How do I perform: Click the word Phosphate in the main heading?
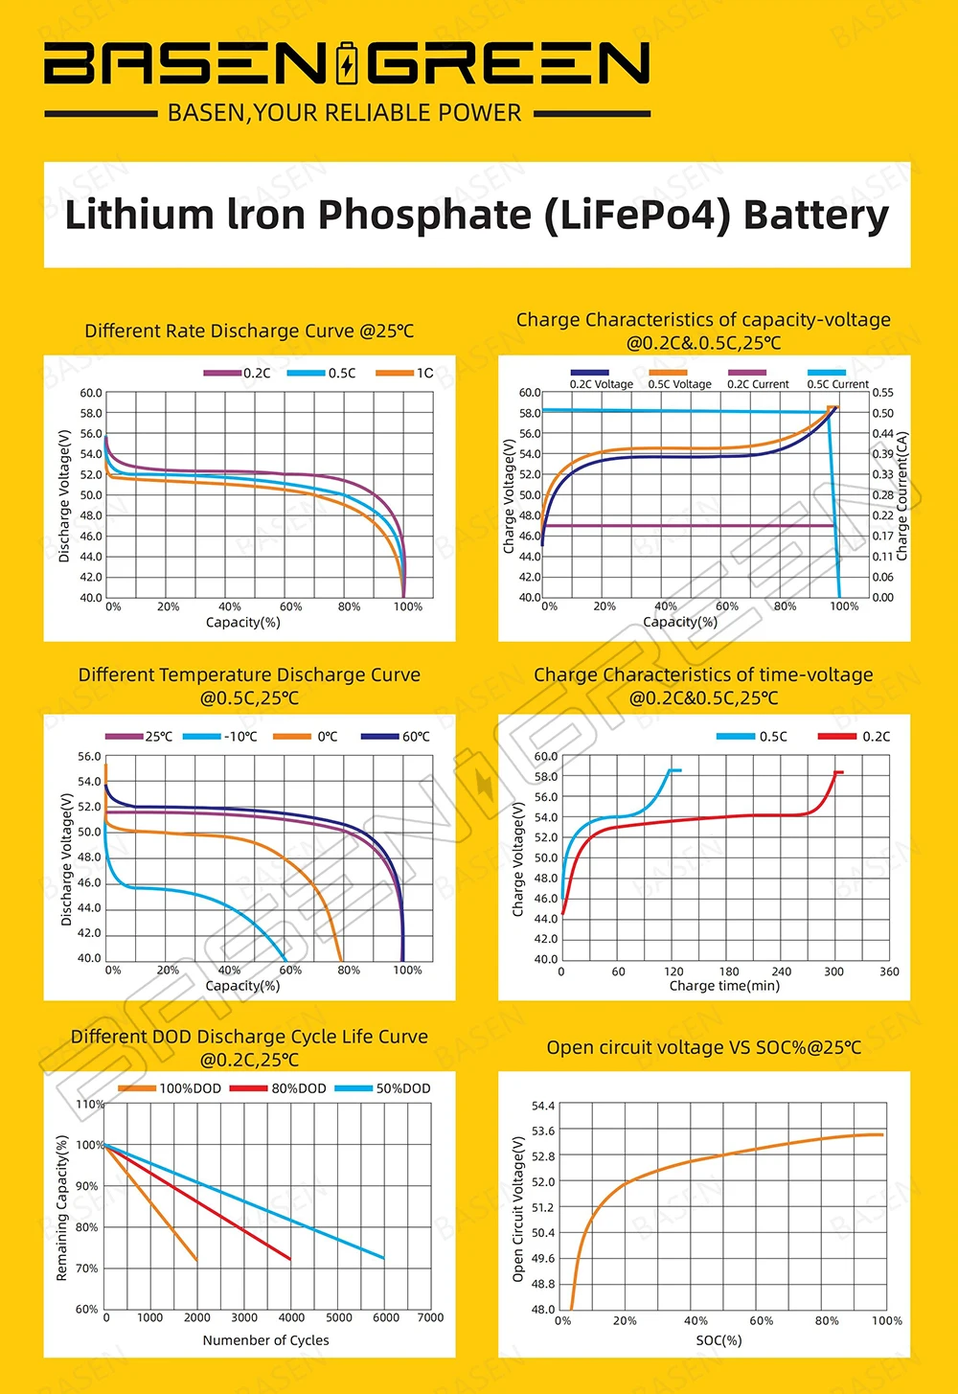point(423,215)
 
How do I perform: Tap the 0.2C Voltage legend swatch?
point(588,373)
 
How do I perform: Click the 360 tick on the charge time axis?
point(889,971)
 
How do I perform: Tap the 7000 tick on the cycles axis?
point(430,1317)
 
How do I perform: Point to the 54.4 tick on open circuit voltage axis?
point(543,1107)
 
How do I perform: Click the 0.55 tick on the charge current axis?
point(882,393)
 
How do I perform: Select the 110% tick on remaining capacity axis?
point(90,1105)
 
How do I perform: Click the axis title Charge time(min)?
point(724,986)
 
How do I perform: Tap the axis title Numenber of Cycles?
point(265,1340)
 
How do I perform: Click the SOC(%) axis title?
point(718,1340)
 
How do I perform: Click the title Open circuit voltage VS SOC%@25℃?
point(704,1048)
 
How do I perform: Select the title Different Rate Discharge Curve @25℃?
point(249,331)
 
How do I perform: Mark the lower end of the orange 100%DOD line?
point(196,1260)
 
